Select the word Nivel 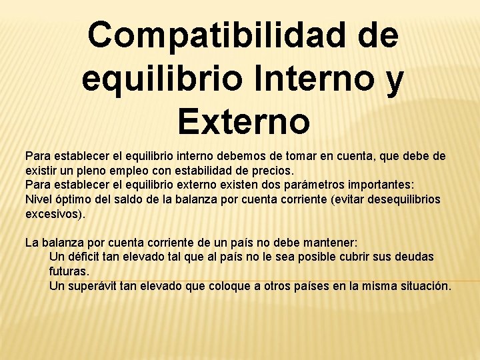coord(38,199)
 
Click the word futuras coord(69,272)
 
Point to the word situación coord(425,286)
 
